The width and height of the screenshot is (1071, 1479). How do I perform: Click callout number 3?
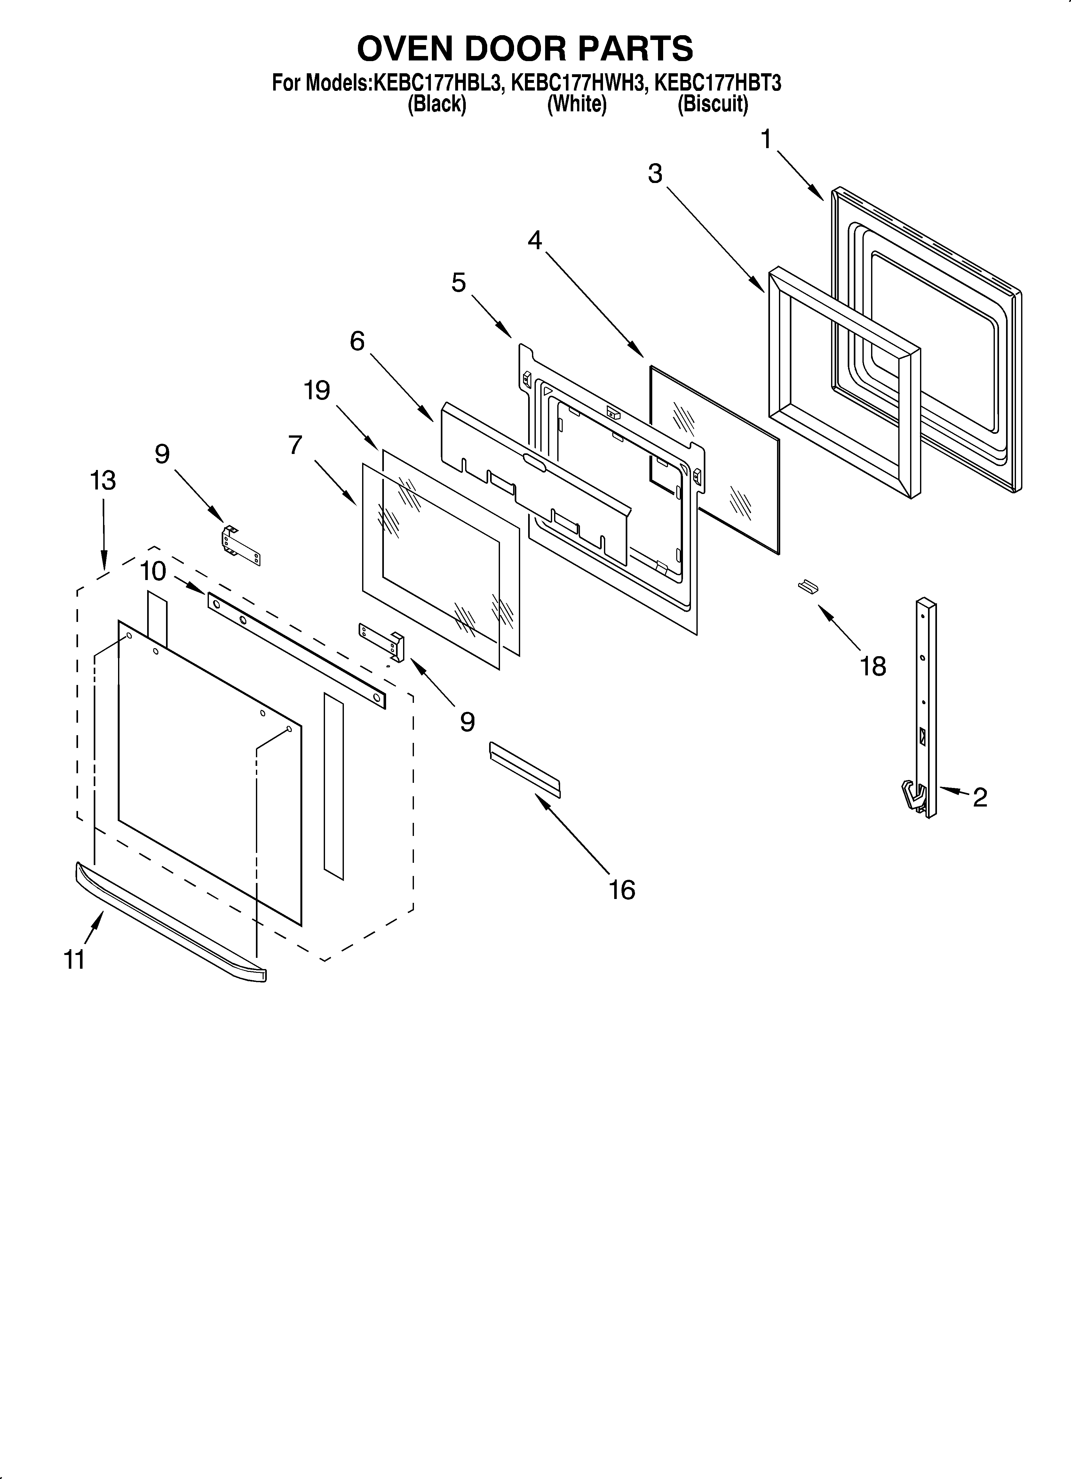(655, 174)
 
